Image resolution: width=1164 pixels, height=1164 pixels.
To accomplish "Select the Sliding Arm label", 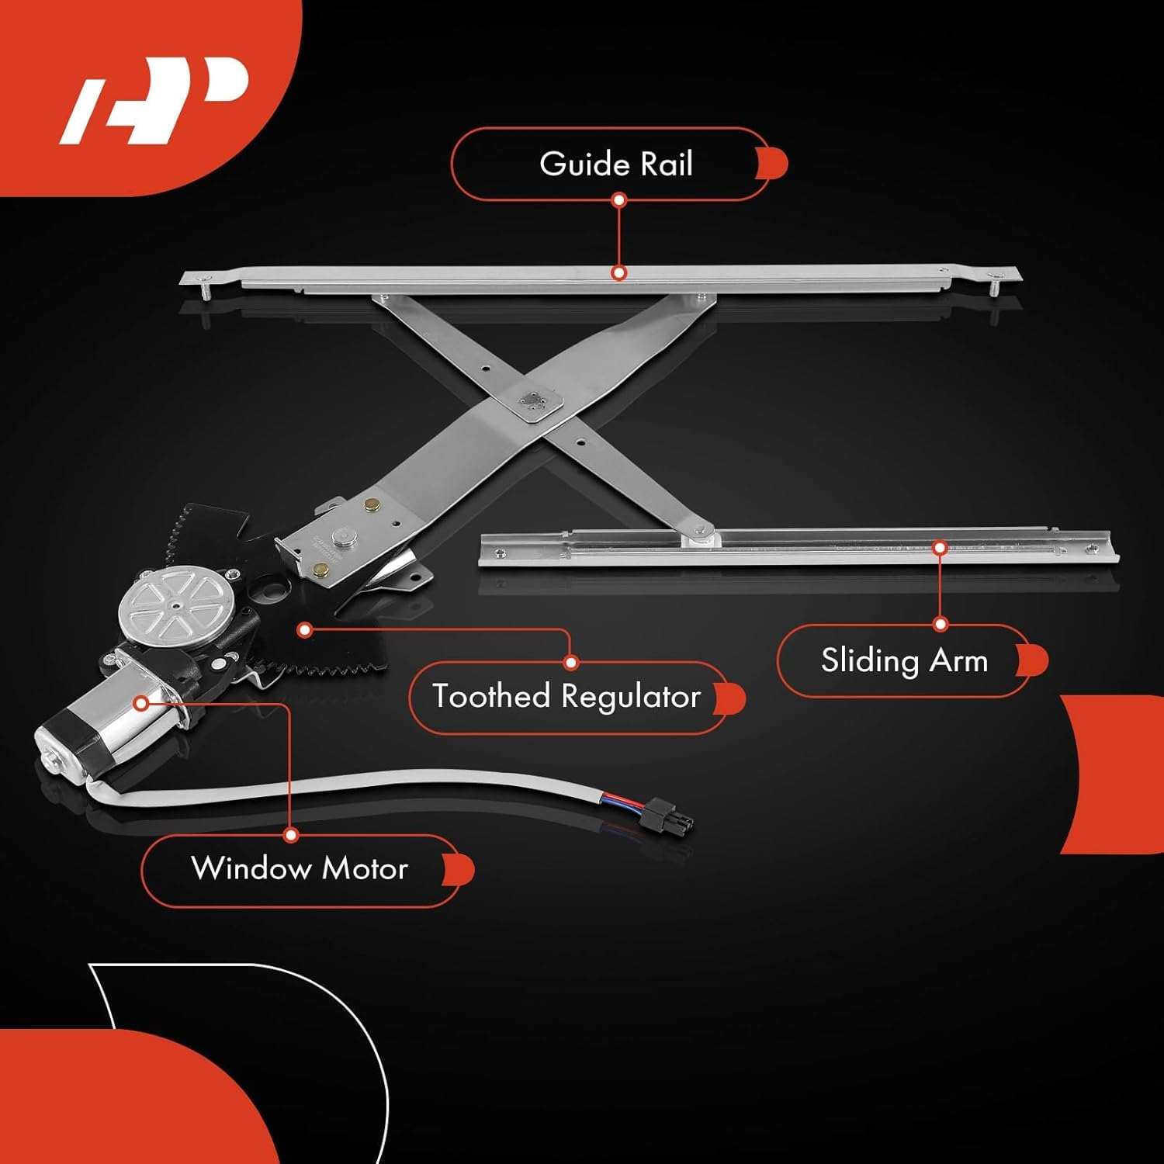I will (x=904, y=661).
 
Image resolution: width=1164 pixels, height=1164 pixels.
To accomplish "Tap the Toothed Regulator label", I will (x=566, y=697).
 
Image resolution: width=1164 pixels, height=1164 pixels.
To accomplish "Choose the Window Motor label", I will (x=300, y=869).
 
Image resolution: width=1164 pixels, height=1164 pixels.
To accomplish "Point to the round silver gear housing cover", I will (x=159, y=605).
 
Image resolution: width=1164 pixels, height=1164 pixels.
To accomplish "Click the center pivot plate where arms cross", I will (x=540, y=403).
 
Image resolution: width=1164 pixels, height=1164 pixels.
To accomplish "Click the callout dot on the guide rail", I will (x=618, y=273).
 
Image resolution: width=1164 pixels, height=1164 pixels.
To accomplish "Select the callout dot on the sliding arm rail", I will (x=940, y=548).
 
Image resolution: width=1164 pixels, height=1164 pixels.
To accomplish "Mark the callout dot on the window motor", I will (x=140, y=704).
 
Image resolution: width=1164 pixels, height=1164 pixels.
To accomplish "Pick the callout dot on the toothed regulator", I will (x=305, y=630).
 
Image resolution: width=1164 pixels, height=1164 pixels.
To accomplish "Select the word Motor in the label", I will (x=364, y=869).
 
